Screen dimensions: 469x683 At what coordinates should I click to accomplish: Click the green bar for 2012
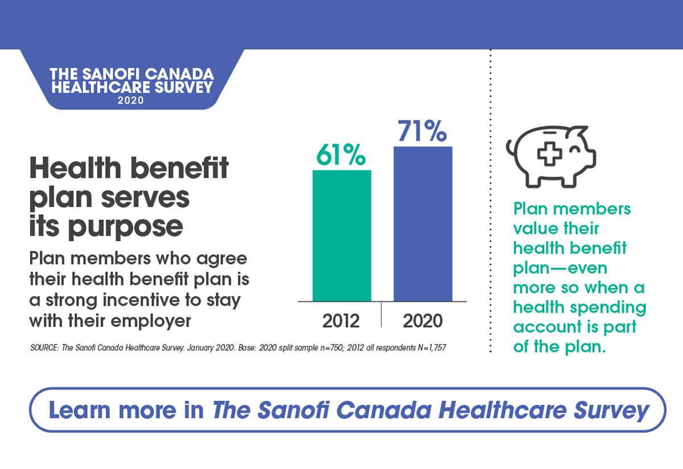coord(341,235)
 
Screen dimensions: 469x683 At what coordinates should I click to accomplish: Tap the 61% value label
coord(341,156)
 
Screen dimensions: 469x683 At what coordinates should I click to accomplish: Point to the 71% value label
coord(422,132)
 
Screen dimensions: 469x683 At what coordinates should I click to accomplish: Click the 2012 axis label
coord(341,321)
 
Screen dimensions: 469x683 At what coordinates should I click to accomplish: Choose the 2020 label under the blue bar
coord(422,321)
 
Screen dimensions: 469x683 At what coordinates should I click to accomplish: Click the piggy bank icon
coord(549,155)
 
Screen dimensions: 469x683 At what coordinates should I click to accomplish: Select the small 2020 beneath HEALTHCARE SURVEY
coord(131,100)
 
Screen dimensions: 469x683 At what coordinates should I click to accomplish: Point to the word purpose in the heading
coord(126,226)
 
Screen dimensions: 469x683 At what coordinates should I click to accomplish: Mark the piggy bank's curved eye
coord(576,149)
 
